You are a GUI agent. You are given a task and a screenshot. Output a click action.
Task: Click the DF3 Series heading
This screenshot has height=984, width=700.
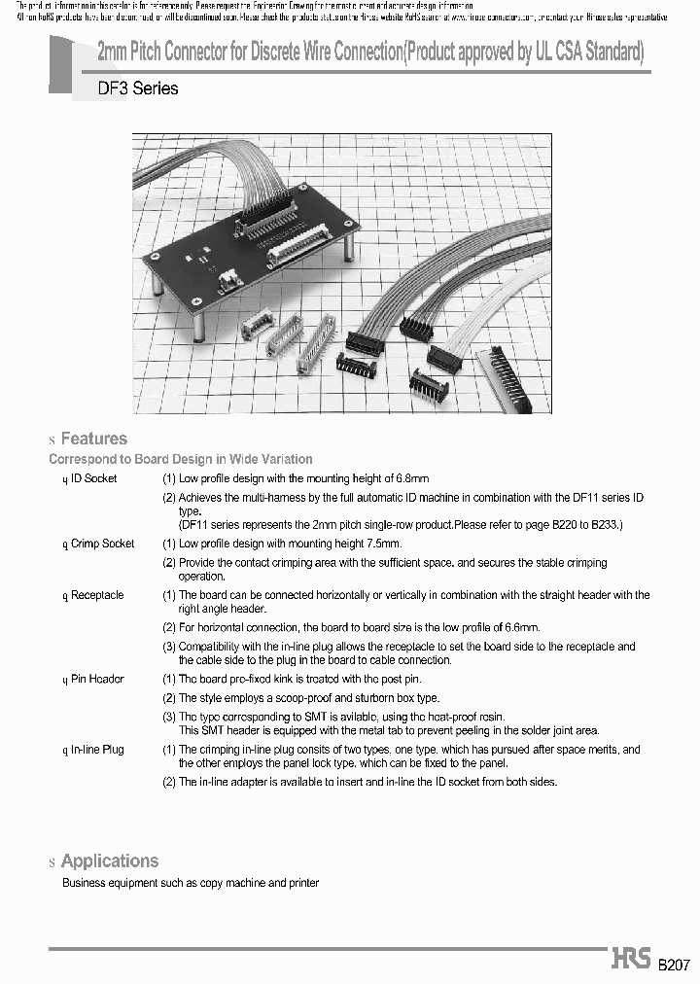[137, 88]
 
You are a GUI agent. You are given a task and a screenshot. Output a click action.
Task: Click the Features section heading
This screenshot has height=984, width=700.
[93, 439]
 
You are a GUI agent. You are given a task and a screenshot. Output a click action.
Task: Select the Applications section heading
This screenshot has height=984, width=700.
[109, 861]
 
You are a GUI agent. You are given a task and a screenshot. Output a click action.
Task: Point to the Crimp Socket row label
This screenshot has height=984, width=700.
[102, 544]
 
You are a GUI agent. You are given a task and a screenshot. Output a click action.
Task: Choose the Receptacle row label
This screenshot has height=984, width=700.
[97, 595]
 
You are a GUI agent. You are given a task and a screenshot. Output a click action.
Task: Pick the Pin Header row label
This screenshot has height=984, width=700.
[97, 679]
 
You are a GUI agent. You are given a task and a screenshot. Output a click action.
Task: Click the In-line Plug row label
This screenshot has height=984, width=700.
[97, 750]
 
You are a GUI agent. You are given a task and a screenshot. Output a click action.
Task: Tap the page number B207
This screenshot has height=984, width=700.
[673, 965]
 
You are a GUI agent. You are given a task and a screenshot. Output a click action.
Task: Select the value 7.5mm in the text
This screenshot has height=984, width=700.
[383, 544]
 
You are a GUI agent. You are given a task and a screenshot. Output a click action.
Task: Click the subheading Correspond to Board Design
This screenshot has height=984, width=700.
[181, 459]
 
